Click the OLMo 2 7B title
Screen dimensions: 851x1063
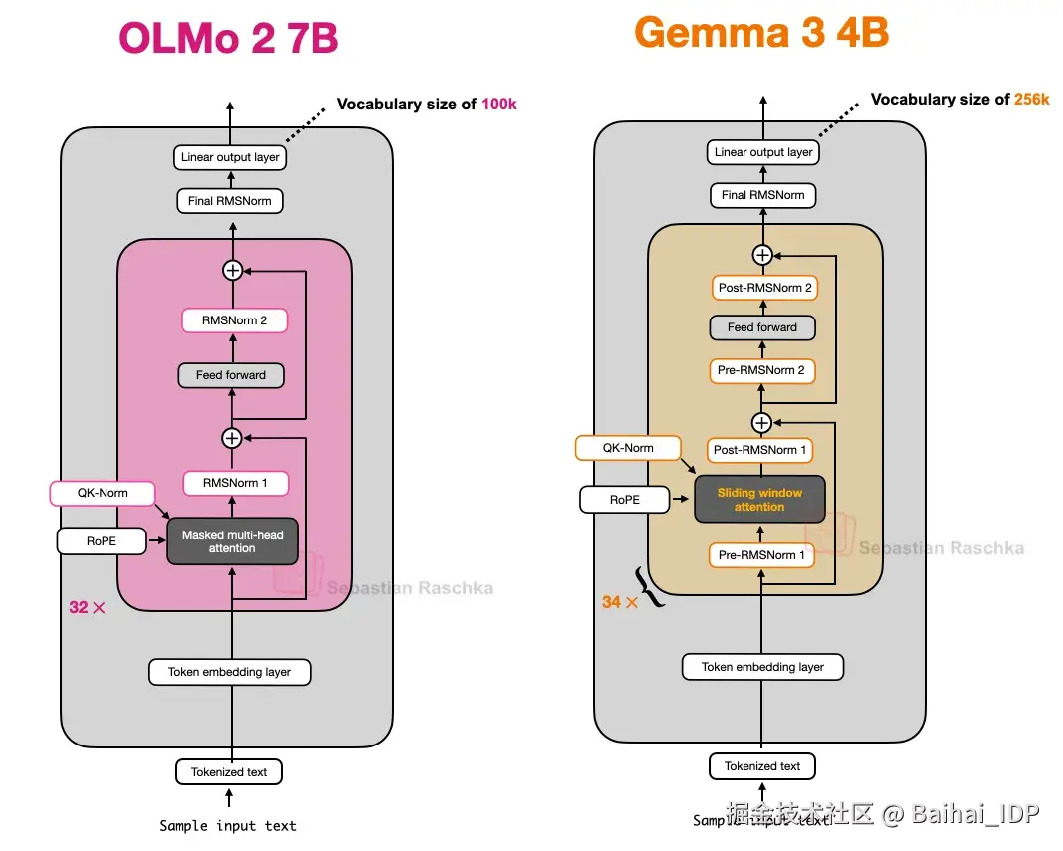229,39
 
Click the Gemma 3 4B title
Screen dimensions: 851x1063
761,33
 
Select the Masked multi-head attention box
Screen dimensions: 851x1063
232,541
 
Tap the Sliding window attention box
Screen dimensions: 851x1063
759,499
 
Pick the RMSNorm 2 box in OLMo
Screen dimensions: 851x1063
235,320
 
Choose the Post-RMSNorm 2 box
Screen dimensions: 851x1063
764,288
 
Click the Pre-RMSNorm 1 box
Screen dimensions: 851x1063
761,555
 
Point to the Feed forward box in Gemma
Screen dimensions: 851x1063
761,327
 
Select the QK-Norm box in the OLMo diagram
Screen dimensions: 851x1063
103,493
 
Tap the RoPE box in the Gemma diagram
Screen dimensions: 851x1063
625,500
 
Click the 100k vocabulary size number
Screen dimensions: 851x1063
499,105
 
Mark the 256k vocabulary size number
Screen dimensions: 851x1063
1031,100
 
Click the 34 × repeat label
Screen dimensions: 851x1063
619,602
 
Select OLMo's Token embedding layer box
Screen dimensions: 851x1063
229,672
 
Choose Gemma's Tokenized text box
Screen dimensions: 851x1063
762,766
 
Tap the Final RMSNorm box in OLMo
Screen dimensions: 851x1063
229,201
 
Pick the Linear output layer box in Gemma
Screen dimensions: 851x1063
763,152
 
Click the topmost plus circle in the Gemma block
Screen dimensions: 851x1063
762,255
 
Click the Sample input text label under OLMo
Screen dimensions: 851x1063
228,826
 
